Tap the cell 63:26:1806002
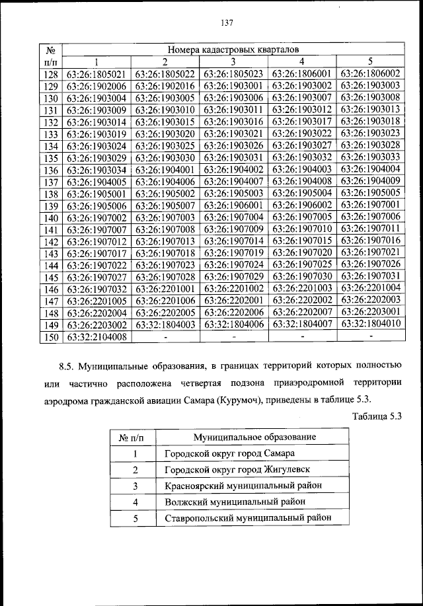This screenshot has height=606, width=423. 370,73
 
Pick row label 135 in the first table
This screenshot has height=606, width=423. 50,158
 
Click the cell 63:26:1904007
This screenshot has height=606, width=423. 234,181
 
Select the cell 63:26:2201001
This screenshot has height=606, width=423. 165,288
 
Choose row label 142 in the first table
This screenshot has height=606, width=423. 50,241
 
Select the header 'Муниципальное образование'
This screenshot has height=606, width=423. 254,437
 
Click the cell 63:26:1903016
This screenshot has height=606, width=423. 234,122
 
